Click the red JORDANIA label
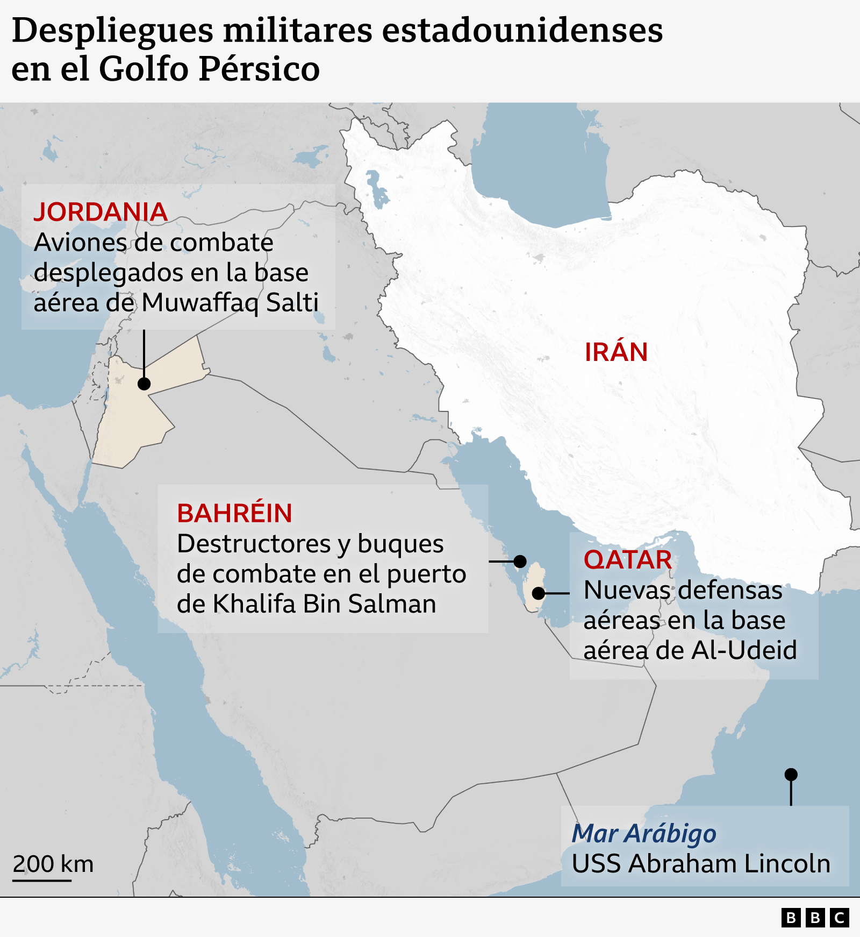(x=101, y=212)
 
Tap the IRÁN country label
(x=616, y=352)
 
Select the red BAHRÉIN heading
(x=234, y=514)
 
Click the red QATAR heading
(x=627, y=560)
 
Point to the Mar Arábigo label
(x=643, y=834)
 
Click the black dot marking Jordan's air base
(x=144, y=384)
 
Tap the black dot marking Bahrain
(x=520, y=562)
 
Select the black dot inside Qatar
(x=539, y=593)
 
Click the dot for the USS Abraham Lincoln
(x=791, y=775)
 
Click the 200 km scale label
(x=53, y=864)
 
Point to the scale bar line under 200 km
(x=42, y=881)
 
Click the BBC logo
(x=815, y=918)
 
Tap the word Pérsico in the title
(x=259, y=69)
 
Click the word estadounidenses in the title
(x=522, y=31)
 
